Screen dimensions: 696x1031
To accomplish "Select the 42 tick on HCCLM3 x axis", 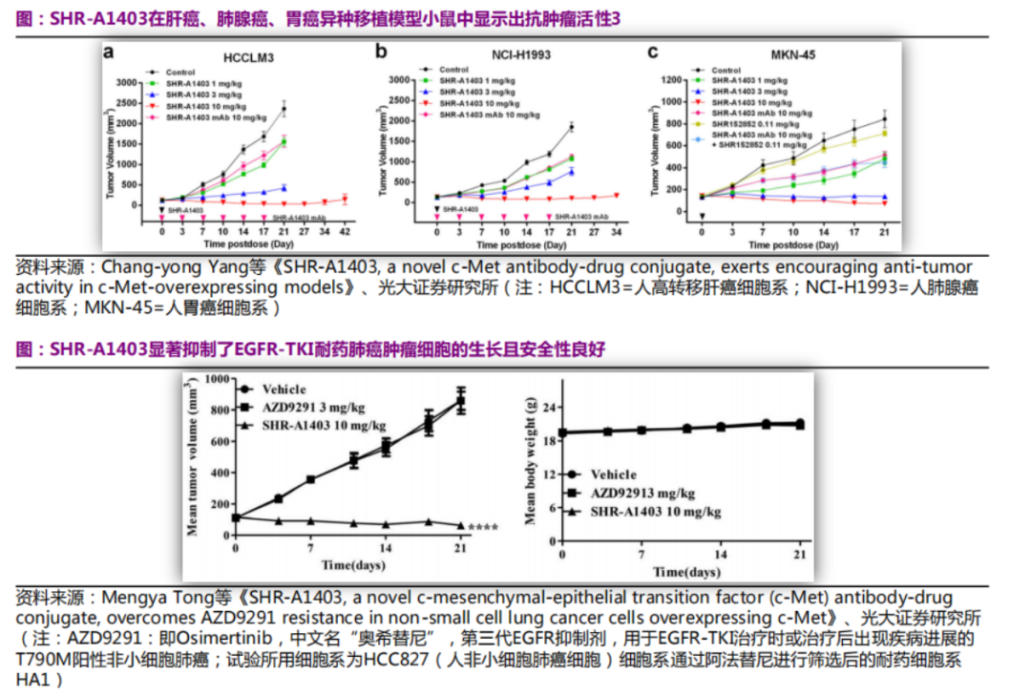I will [345, 231].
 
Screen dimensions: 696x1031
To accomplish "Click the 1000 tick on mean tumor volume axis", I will [219, 379].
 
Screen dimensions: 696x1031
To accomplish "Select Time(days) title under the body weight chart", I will [686, 572].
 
